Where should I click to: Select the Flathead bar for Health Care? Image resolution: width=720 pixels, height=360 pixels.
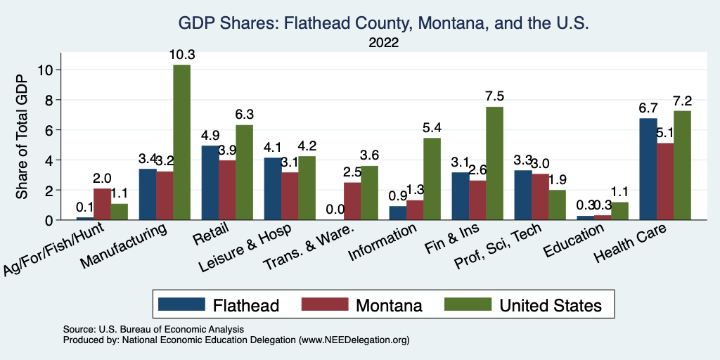648,169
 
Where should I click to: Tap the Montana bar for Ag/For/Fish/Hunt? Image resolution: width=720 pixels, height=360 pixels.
102,204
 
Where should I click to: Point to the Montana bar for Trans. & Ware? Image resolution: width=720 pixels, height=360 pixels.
352,201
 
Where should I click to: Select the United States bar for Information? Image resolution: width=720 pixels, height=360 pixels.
432,179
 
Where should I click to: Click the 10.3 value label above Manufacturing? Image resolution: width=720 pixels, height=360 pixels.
181,55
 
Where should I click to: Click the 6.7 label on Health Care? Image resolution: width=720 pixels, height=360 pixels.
648,108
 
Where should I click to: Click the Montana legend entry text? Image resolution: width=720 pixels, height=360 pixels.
389,305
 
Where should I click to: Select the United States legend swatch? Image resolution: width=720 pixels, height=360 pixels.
469,304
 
